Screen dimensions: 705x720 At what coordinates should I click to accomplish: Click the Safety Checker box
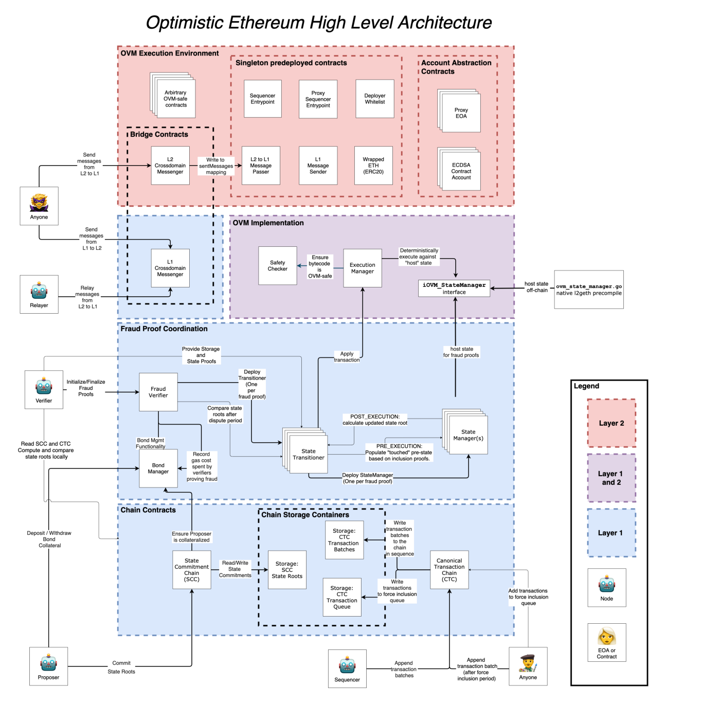[278, 266]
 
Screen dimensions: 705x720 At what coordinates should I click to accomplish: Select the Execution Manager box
[363, 268]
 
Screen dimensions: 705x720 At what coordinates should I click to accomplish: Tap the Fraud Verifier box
[158, 392]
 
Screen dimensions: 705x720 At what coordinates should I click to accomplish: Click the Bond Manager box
[158, 468]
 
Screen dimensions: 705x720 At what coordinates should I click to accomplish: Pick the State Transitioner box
[309, 454]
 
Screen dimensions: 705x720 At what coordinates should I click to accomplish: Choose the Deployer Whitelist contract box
[375, 99]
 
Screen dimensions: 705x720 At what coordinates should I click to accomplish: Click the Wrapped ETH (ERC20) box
[373, 166]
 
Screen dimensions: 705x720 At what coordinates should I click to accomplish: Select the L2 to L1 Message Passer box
[261, 166]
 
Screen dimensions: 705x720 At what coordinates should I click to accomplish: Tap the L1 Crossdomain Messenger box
[170, 268]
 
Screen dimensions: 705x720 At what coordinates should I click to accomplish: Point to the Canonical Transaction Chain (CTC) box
[449, 570]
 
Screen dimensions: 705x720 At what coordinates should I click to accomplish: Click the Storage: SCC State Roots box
[287, 570]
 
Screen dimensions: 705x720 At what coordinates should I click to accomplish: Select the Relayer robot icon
[39, 291]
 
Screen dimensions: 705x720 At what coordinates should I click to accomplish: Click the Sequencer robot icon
[347, 665]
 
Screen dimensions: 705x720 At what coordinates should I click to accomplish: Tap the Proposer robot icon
[48, 663]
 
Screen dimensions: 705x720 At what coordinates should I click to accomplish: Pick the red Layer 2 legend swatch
[611, 423]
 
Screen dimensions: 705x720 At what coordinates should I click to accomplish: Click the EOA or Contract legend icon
[607, 637]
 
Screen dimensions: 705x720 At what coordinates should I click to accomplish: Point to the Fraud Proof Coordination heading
[164, 329]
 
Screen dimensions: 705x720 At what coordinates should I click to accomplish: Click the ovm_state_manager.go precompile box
[589, 290]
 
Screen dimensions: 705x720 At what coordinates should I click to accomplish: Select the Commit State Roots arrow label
[121, 667]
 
